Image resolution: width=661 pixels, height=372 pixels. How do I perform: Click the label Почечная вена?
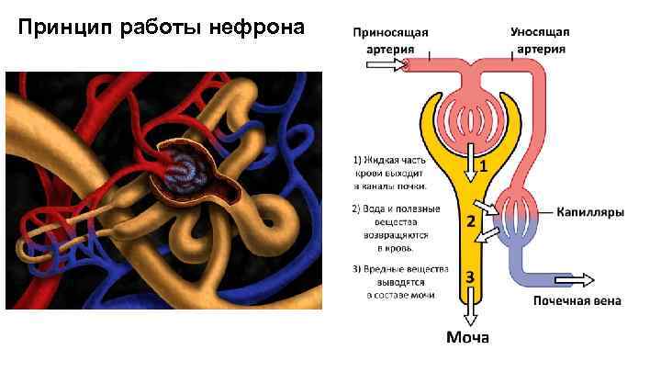click(577, 300)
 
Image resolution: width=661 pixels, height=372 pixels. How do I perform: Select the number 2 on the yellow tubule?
click(470, 221)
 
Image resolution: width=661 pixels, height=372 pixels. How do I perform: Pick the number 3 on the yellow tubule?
click(470, 276)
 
